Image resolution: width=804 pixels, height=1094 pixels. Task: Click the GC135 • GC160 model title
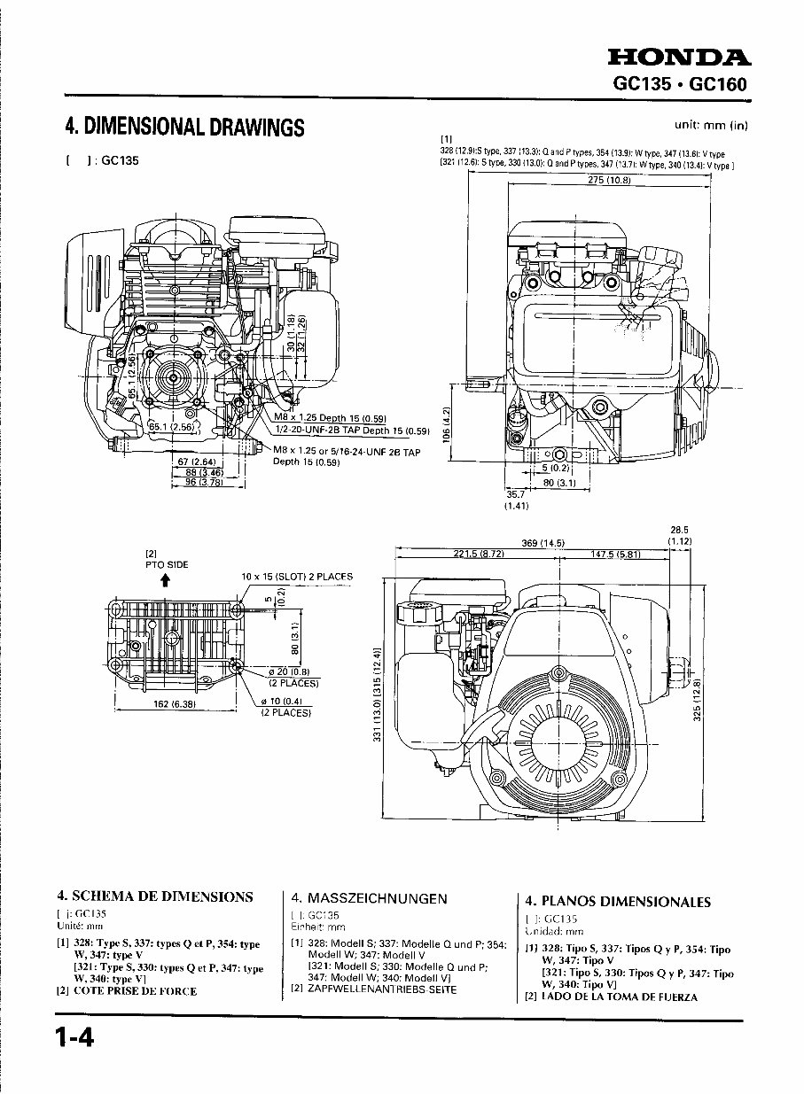(680, 85)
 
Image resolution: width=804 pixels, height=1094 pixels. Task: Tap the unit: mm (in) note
(712, 125)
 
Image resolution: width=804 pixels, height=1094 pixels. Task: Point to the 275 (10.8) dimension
(609, 180)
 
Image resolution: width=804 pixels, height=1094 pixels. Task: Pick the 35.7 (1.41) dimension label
(516, 500)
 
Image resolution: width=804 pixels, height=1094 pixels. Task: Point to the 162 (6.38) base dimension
(175, 704)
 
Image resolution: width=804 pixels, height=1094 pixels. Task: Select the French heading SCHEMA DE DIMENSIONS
(155, 896)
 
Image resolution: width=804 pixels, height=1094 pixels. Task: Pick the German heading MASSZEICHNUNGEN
(369, 897)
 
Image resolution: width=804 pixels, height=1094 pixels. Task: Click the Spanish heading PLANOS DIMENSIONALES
(618, 902)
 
